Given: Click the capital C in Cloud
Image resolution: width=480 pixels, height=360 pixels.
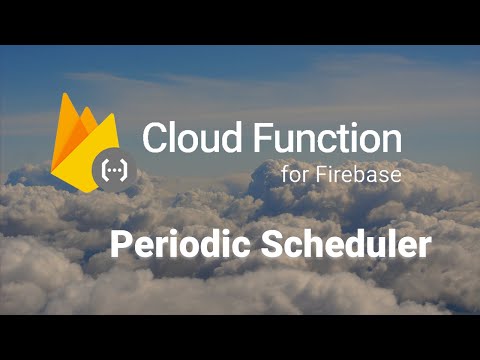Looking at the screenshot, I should pyautogui.click(x=154, y=138).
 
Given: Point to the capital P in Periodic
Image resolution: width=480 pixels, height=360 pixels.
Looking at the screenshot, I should pyautogui.click(x=119, y=245).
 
